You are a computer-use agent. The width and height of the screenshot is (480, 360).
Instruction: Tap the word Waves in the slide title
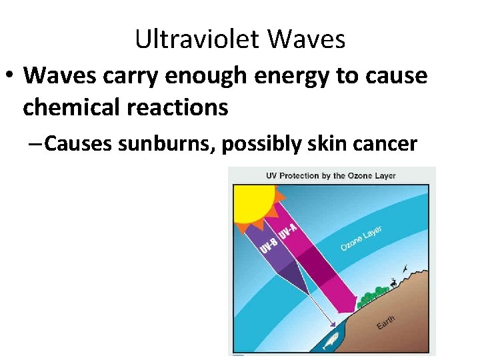pyautogui.click(x=307, y=39)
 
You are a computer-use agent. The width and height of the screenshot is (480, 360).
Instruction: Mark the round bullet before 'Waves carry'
pyautogui.click(x=11, y=75)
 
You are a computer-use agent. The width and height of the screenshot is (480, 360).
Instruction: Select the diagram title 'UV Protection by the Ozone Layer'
pyautogui.click(x=331, y=176)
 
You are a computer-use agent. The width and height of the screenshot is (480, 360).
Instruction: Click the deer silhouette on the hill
pyautogui.click(x=396, y=282)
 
